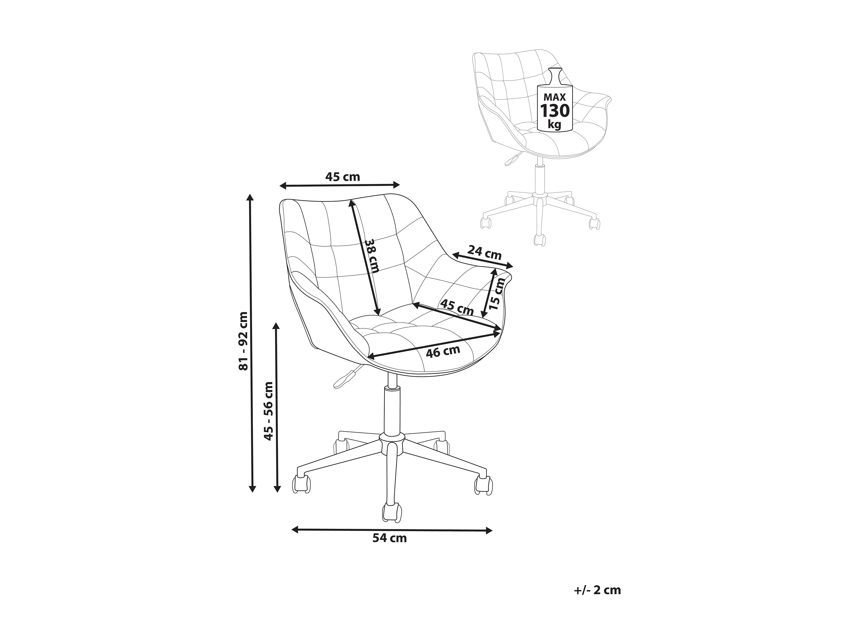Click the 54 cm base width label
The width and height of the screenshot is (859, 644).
point(389,538)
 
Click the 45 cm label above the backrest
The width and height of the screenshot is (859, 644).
point(343,177)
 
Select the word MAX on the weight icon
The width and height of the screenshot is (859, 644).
point(554,97)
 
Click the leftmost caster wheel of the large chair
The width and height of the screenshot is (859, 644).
point(301,485)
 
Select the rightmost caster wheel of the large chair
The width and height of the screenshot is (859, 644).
point(483,486)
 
